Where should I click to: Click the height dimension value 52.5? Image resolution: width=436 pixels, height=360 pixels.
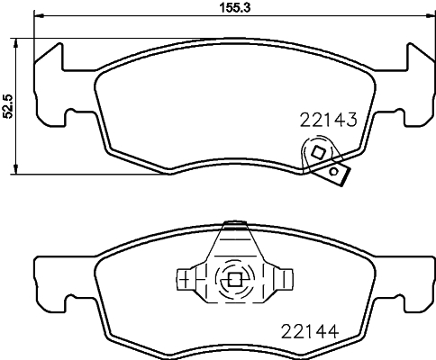pyautogui.click(x=8, y=106)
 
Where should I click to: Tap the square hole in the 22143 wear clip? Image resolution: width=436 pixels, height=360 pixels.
pyautogui.click(x=318, y=154)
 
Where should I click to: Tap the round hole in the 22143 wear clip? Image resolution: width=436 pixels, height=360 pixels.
pyautogui.click(x=334, y=171)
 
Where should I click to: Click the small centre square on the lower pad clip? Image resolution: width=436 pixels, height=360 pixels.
pyautogui.click(x=234, y=279)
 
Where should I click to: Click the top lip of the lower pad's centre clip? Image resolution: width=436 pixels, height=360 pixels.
pyautogui.click(x=234, y=220)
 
